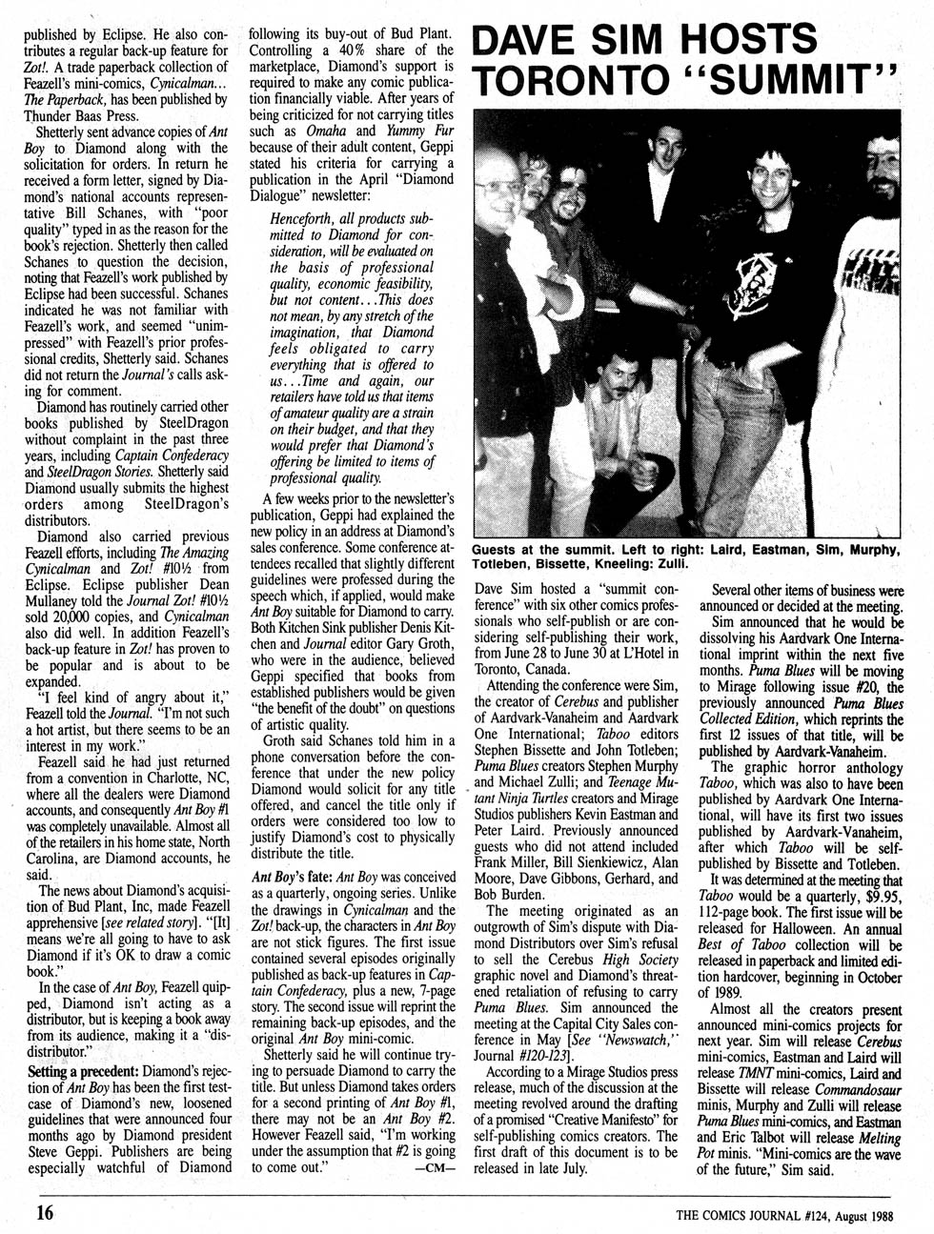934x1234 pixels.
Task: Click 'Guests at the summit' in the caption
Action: coord(538,550)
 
